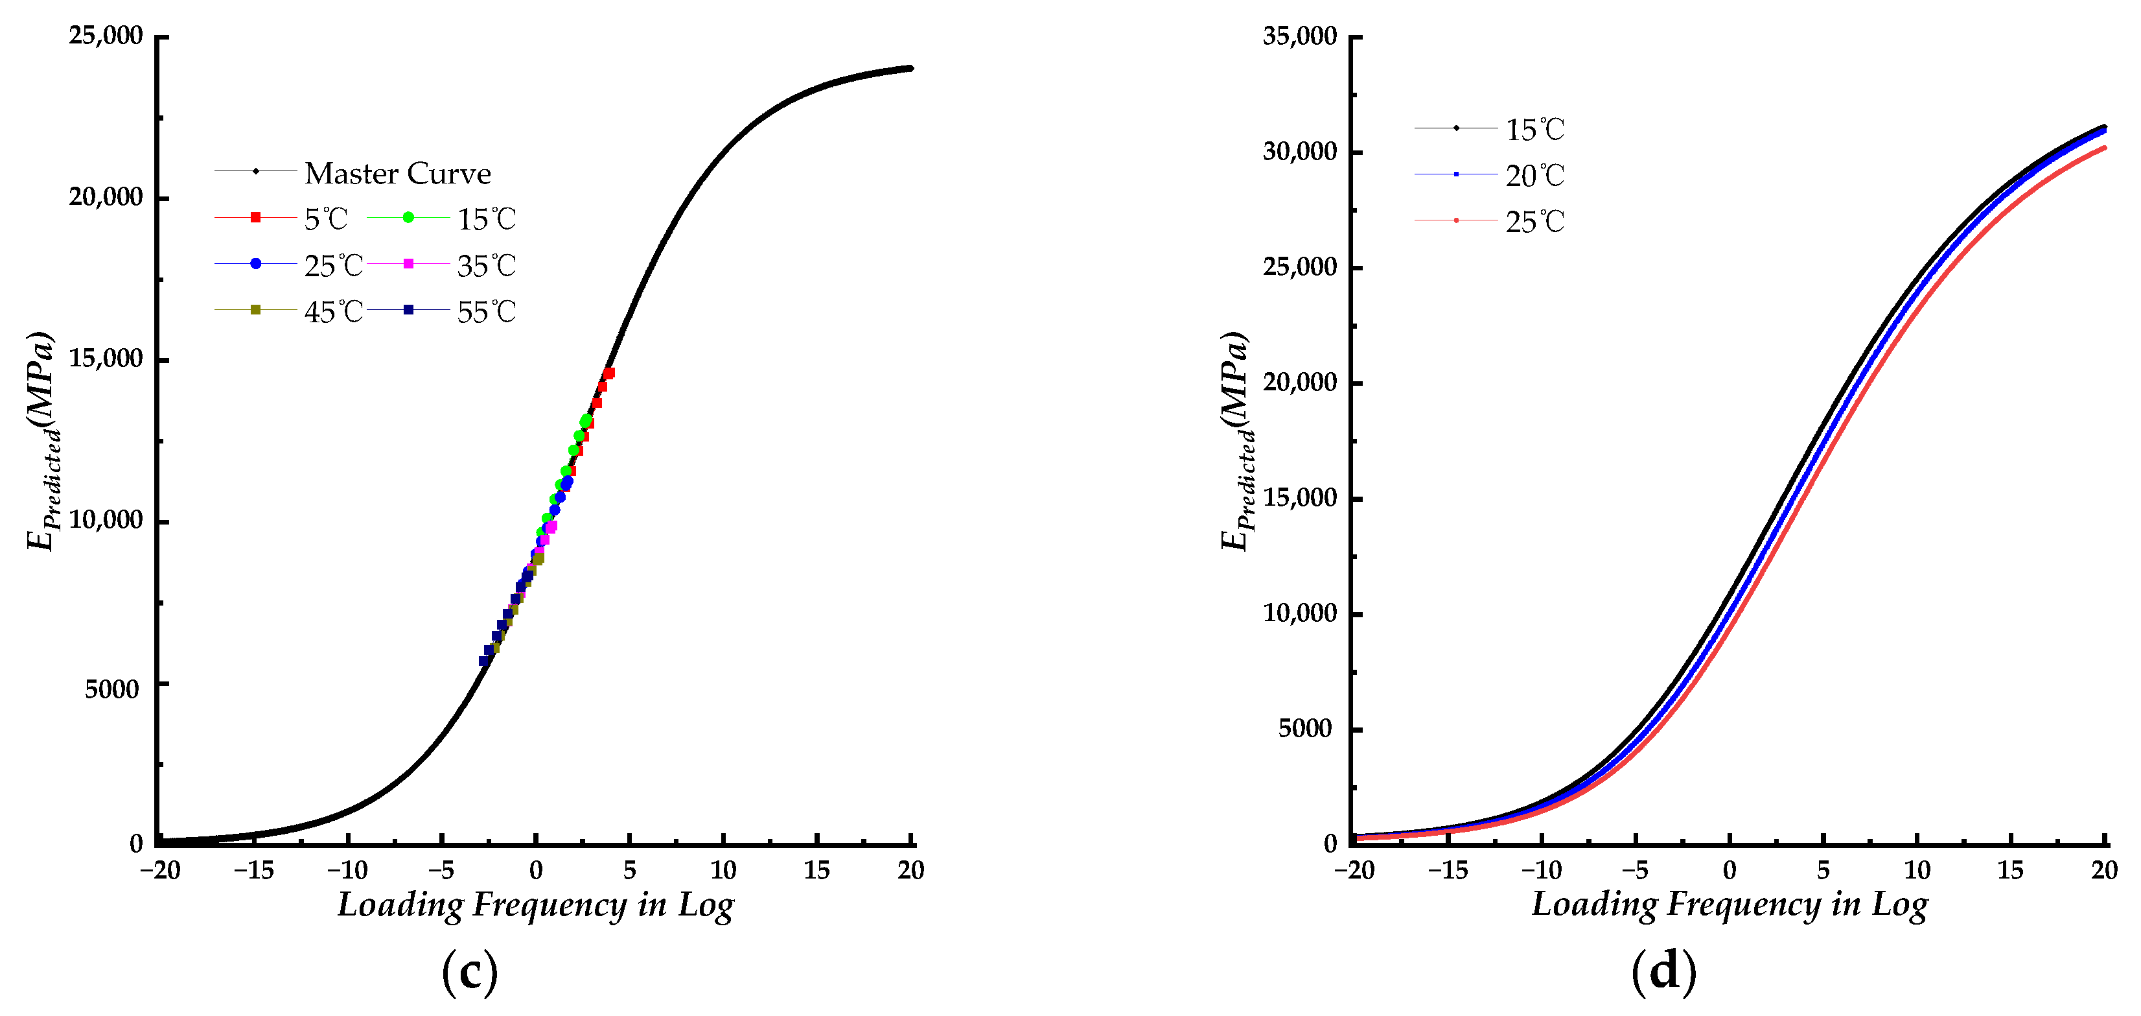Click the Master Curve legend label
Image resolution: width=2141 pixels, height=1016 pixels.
click(397, 173)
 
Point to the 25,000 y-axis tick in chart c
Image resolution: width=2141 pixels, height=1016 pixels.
click(106, 36)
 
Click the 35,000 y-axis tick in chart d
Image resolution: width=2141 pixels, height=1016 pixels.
click(1300, 36)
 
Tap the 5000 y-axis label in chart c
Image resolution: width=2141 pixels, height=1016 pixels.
click(111, 689)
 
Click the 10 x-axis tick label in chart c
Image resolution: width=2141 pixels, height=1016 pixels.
click(723, 871)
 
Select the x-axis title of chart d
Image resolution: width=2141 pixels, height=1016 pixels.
click(1730, 904)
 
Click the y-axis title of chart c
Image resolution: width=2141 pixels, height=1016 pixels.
click(41, 441)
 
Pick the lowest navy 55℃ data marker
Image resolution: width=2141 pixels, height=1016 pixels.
click(483, 661)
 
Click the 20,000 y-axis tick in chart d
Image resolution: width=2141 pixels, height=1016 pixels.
click(1300, 383)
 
